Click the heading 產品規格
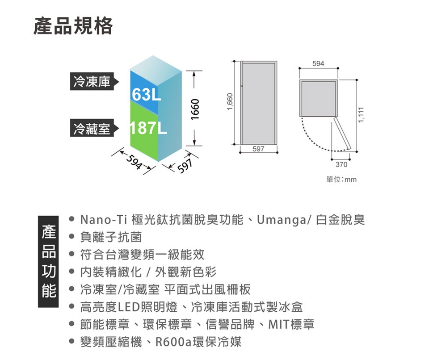(x=73, y=26)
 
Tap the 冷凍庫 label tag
(x=92, y=82)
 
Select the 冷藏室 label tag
(x=92, y=129)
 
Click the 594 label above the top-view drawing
(x=318, y=64)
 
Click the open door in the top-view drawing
(x=343, y=134)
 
